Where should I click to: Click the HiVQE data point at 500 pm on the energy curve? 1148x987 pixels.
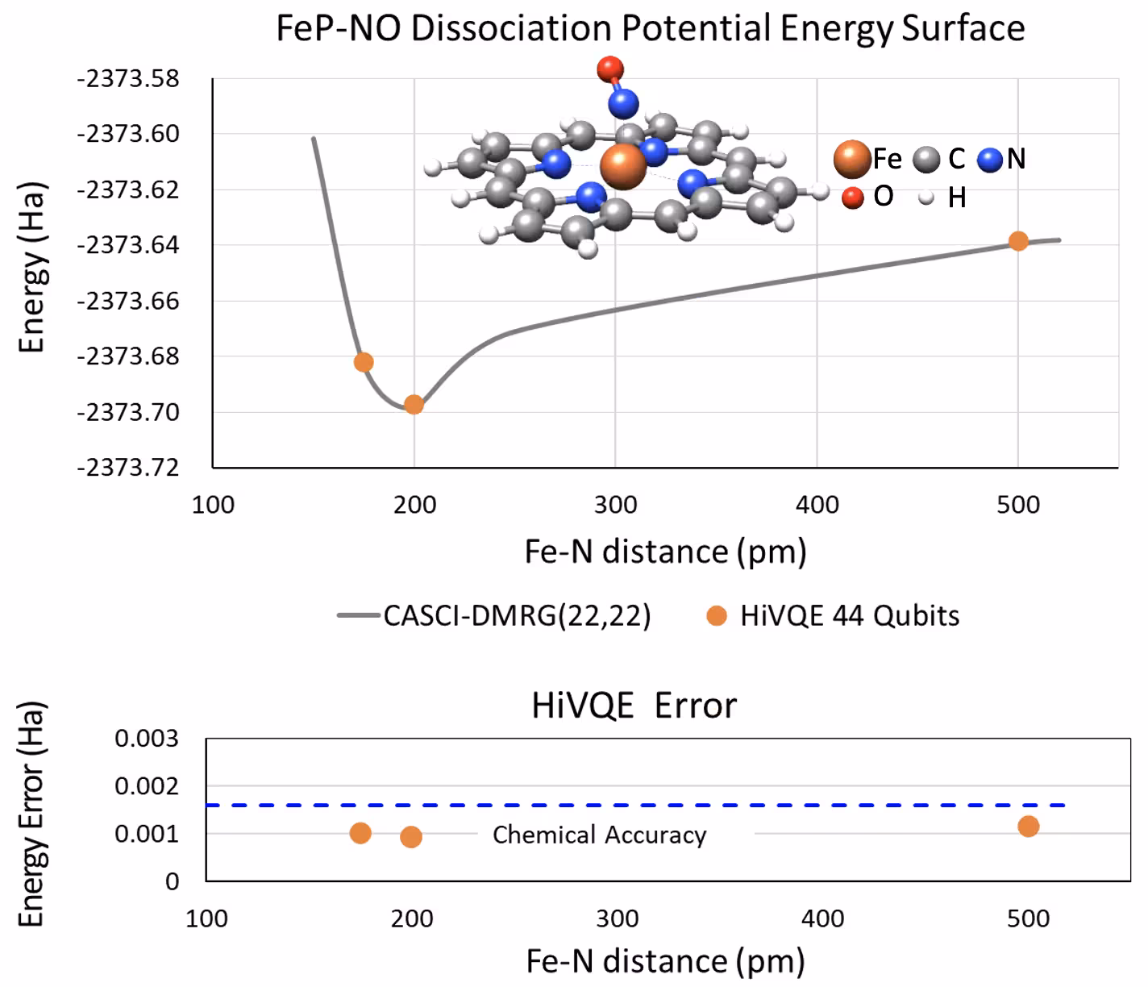1018,241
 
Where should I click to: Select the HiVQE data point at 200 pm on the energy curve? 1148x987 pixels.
414,405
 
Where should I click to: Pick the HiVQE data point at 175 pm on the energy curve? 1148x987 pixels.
364,362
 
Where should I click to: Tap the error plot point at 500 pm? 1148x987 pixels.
1028,826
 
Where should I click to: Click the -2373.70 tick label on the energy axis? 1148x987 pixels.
128,412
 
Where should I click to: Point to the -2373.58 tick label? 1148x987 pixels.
128,79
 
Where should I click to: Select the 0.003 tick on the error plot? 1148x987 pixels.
146,739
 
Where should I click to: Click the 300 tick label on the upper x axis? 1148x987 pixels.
615,506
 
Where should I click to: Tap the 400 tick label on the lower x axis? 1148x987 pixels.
823,918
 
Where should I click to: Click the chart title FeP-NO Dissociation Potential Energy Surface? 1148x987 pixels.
650,28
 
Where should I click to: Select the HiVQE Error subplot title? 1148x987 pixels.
634,706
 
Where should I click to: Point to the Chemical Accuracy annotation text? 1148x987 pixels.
599,835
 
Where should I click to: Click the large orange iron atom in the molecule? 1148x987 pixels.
623,166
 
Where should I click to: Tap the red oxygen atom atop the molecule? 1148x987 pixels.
610,69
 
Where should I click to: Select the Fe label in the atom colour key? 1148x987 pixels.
887,159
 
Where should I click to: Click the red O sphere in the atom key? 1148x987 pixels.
852,197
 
